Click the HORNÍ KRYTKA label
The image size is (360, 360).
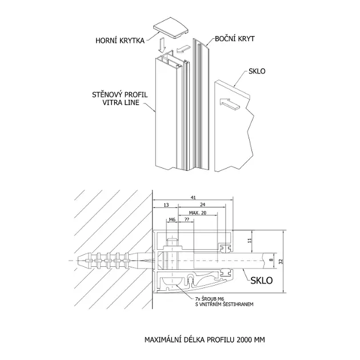[120, 41]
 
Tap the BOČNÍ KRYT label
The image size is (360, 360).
[235, 39]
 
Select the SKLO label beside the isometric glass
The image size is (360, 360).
[257, 71]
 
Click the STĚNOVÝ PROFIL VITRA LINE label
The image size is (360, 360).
[120, 98]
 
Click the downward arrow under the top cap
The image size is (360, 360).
[162, 45]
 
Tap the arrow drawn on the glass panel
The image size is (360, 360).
[230, 103]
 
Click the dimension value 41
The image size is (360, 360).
[193, 198]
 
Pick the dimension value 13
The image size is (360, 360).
[166, 205]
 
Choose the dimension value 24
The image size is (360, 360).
[202, 205]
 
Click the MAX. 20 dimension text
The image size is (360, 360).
[198, 213]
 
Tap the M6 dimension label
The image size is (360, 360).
[172, 219]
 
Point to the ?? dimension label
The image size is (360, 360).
[187, 219]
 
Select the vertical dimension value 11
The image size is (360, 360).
[250, 241]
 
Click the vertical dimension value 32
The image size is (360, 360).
[281, 261]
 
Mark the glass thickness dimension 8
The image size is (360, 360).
[271, 260]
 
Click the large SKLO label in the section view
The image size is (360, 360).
[262, 281]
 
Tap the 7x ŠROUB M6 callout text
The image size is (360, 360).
[209, 299]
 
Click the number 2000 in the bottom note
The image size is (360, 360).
[245, 339]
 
